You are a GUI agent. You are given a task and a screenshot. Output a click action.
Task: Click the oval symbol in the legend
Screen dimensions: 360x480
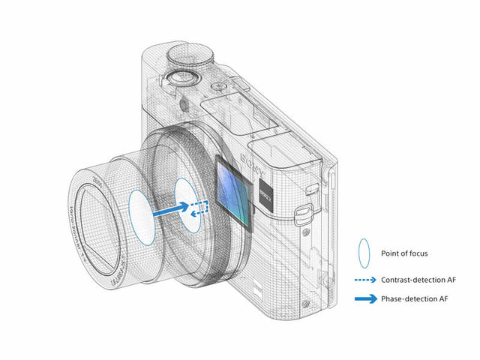[364, 253]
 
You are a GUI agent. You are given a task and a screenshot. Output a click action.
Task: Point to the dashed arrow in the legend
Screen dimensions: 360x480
[364, 280]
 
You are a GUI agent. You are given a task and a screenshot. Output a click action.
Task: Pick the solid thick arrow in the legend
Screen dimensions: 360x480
[364, 299]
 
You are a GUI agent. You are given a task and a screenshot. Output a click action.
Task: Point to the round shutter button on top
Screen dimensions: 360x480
[176, 78]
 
